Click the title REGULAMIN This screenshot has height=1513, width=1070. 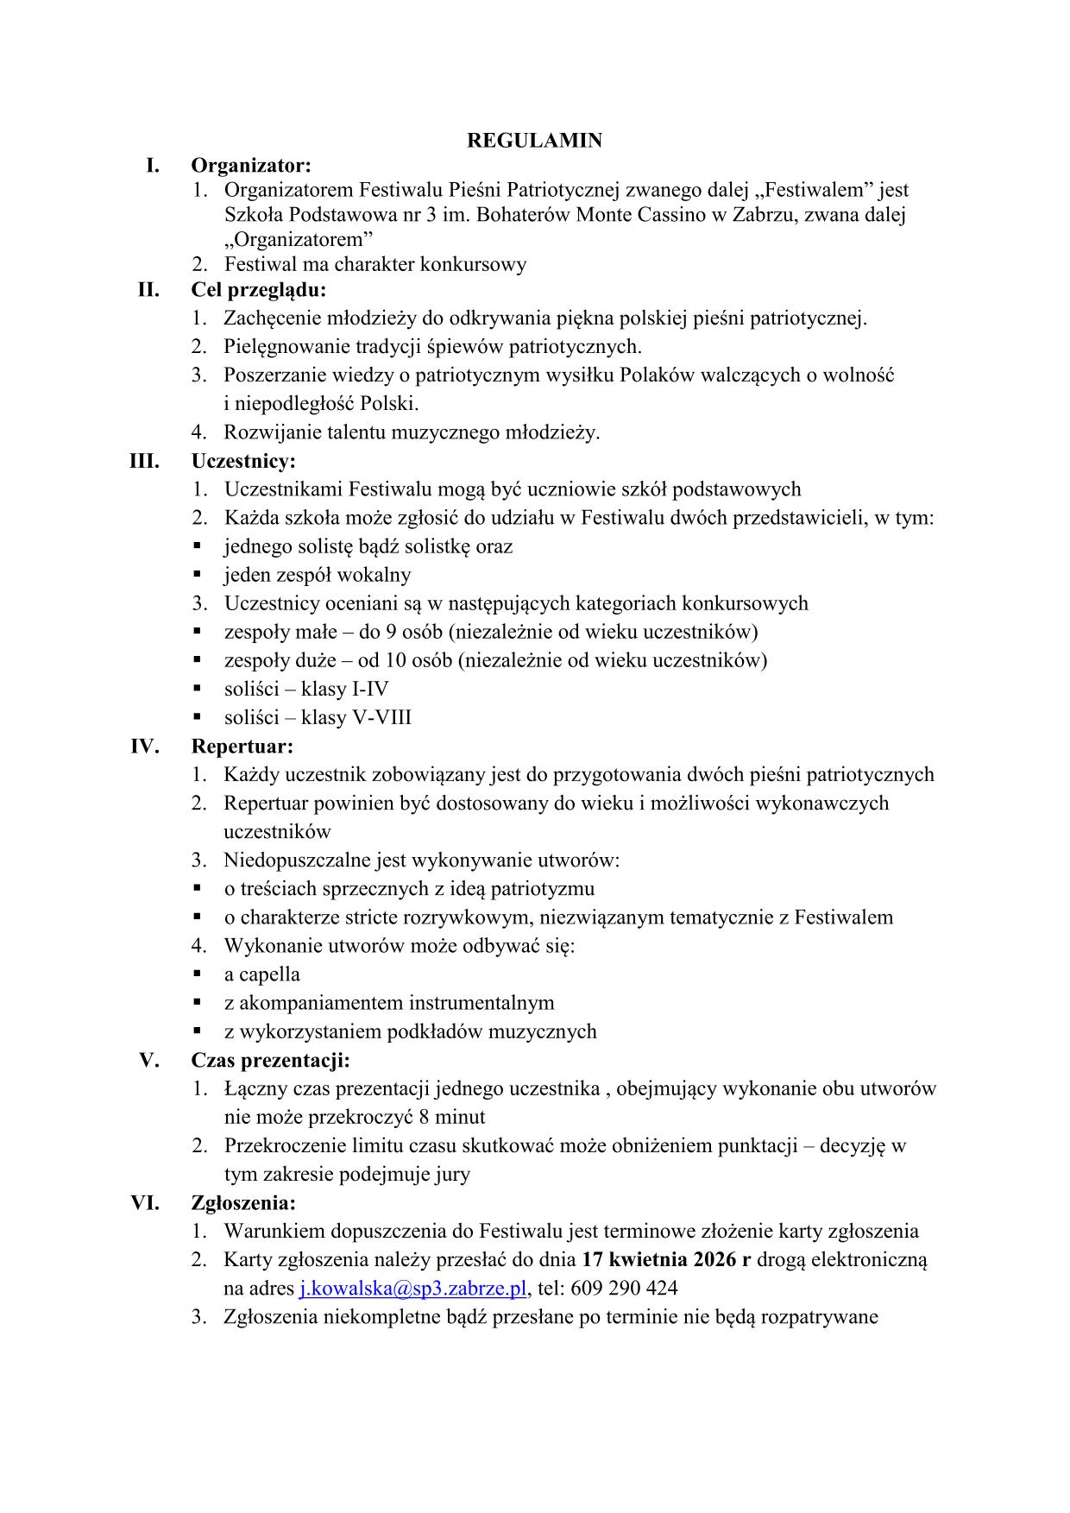coord(534,141)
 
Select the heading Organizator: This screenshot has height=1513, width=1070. coord(251,165)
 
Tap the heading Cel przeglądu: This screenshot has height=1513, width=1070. coord(259,289)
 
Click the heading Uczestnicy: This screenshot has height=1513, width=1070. coord(243,461)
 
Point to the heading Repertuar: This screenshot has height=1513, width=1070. coord(242,746)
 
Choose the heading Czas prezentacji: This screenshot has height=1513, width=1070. coord(270,1060)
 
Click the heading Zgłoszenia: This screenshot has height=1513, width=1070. coord(243,1202)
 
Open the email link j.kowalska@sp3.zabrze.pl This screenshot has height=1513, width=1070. coord(412,1289)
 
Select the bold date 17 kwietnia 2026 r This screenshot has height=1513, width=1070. coord(666,1259)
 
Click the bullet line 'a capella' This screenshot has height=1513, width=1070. coord(261,974)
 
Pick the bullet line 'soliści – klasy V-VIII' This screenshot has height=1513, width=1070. coord(318,718)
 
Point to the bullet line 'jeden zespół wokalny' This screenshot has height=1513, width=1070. coord(318,575)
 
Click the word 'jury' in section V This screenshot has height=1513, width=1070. coord(452,1175)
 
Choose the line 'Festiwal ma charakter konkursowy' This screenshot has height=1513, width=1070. coord(375,264)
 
